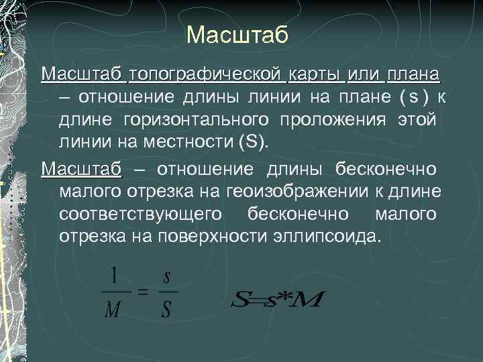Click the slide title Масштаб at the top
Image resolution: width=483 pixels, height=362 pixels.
(237, 35)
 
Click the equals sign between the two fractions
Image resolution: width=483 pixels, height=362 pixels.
(142, 293)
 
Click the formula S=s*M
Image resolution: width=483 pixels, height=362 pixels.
(276, 300)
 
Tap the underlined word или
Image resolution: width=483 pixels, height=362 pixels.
(366, 72)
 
